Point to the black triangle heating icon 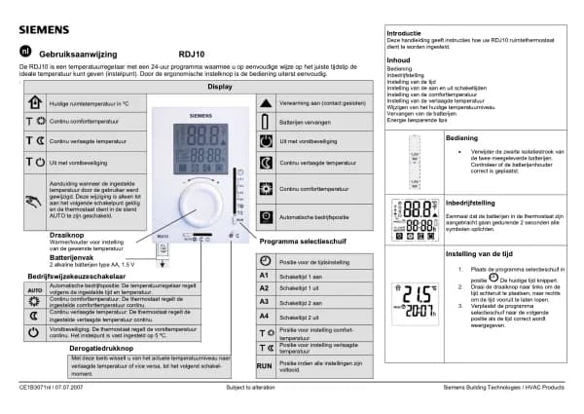(267, 102)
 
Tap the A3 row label (263, 303)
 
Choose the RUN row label (263, 364)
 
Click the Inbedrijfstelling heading (472, 203)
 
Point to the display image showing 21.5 (420, 301)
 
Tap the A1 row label (263, 276)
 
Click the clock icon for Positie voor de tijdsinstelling (263, 261)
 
